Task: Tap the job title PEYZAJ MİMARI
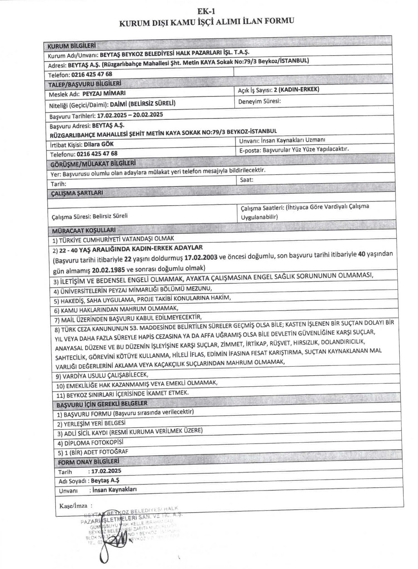point(100,93)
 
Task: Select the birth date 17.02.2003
point(200,258)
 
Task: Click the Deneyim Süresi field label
point(259,101)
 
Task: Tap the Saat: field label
point(247,179)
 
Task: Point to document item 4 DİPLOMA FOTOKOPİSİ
point(90,443)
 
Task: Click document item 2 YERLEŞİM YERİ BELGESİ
point(91,423)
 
